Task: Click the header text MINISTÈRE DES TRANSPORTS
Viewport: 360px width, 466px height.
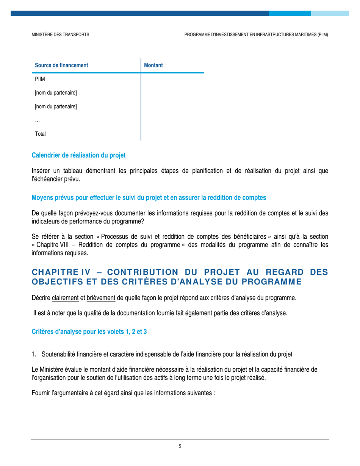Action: [x=60, y=34]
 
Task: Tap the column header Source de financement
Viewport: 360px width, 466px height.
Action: [x=61, y=65]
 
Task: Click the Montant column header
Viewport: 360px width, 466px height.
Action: [x=153, y=65]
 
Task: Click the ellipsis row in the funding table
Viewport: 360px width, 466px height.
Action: [x=37, y=120]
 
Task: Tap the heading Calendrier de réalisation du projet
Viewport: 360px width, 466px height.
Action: [x=78, y=155]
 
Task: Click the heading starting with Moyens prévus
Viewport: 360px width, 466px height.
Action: [x=149, y=197]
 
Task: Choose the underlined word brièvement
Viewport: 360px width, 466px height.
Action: [x=101, y=297]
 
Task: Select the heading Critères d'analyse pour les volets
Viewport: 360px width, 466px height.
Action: [x=89, y=332]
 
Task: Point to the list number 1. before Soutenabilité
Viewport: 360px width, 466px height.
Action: [x=34, y=355]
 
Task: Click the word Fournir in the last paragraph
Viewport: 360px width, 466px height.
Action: [x=40, y=393]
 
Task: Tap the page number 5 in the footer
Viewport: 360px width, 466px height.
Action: [x=180, y=446]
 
